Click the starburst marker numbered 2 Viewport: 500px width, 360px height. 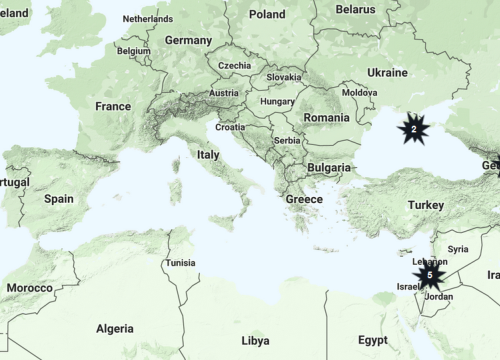[x=413, y=129]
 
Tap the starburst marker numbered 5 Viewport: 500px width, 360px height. [x=429, y=274]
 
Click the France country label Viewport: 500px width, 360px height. [x=113, y=106]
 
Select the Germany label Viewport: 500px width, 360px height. [x=188, y=41]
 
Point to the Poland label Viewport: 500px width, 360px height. [x=267, y=14]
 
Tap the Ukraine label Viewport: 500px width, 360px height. [x=387, y=73]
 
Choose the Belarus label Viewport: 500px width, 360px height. [x=355, y=9]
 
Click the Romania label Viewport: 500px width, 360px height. [x=326, y=117]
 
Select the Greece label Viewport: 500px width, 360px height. [x=304, y=199]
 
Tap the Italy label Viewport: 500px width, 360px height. [x=208, y=155]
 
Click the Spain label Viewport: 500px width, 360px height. [x=58, y=199]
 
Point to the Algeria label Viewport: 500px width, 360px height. [x=114, y=328]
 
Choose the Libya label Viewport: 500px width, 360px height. [x=255, y=340]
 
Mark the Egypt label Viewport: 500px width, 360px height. [x=373, y=340]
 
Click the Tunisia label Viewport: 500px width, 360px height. [x=180, y=263]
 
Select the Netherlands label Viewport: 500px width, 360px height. [x=147, y=19]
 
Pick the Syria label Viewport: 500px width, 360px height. [x=458, y=248]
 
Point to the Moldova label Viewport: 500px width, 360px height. [x=359, y=93]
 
